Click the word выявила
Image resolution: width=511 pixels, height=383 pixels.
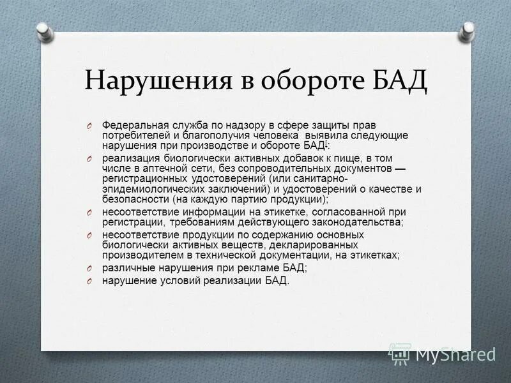tap(310, 135)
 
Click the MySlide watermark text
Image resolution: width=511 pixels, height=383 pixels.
tap(455, 353)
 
